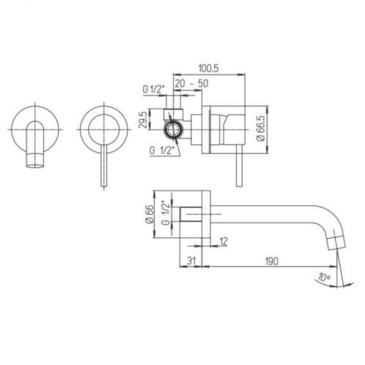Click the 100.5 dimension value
[x=209, y=68]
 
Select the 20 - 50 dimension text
[x=191, y=83]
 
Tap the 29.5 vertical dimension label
[x=143, y=120]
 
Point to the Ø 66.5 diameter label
[x=261, y=130]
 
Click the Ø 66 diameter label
[x=150, y=214]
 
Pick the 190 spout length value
[x=271, y=261]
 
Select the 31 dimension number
[x=191, y=261]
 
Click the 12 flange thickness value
[x=223, y=241]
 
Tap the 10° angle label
[x=324, y=277]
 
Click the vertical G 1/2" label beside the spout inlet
[x=166, y=213]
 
